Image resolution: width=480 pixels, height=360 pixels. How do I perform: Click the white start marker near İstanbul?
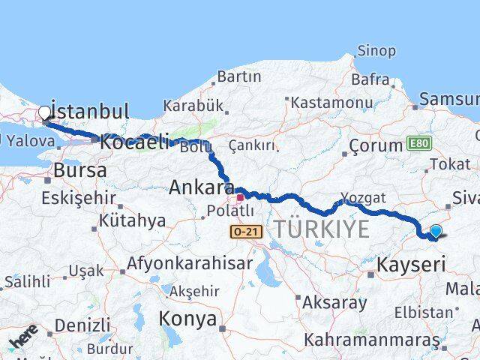coord(44,114)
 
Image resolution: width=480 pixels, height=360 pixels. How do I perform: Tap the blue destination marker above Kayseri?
coord(436,232)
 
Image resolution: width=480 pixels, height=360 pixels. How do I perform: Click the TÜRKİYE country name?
coord(322,229)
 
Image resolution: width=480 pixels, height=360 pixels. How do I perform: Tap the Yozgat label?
coord(364,197)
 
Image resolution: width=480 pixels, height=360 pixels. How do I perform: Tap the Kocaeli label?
coord(133,142)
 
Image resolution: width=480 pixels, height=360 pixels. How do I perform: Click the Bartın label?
coord(239,76)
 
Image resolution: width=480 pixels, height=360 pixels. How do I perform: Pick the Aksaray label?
coord(334,302)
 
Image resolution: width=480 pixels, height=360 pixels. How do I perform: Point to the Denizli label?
coord(82,325)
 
